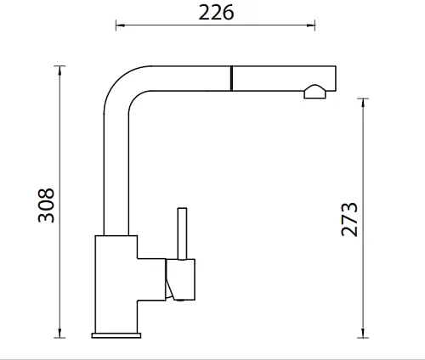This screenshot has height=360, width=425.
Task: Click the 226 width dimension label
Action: click(x=216, y=13)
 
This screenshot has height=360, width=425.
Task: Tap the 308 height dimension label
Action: click(x=46, y=205)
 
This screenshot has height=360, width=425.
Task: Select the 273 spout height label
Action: click(x=349, y=219)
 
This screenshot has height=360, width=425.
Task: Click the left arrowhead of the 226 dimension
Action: click(x=120, y=25)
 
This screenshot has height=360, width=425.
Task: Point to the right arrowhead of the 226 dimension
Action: click(x=311, y=25)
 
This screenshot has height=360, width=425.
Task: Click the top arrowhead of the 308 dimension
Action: click(x=59, y=70)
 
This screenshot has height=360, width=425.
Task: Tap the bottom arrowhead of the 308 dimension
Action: click(x=59, y=333)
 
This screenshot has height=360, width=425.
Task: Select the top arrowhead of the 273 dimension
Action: click(x=363, y=103)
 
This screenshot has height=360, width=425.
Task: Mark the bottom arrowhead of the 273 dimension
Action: click(x=363, y=333)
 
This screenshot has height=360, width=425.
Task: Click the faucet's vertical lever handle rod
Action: click(x=182, y=233)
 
